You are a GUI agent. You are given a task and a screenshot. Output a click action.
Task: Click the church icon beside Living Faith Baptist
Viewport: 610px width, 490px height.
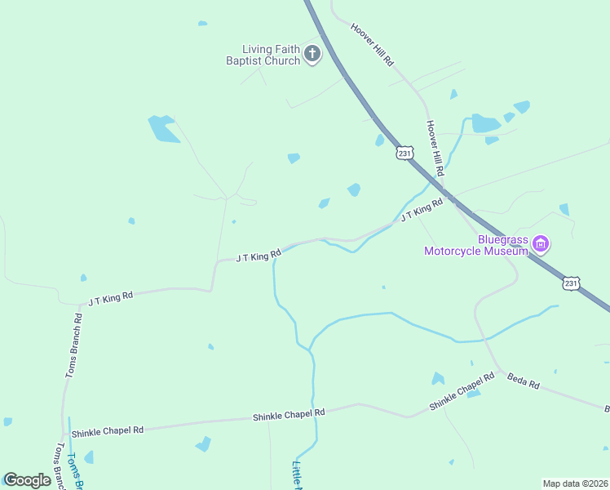pyautogui.click(x=312, y=55)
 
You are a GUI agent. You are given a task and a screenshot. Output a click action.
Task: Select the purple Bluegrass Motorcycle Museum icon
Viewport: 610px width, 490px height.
pyautogui.click(x=541, y=243)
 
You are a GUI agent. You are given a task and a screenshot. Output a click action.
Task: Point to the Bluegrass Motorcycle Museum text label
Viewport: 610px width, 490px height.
pyautogui.click(x=477, y=245)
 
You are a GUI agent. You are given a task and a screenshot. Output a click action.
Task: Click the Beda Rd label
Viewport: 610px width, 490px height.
pyautogui.click(x=524, y=381)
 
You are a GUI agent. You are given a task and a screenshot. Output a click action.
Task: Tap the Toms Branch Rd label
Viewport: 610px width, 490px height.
pyautogui.click(x=73, y=345)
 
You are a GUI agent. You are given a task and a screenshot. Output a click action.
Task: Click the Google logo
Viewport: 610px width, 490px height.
pyautogui.click(x=27, y=480)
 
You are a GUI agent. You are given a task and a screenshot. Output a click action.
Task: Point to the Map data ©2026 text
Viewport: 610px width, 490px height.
pyautogui.click(x=575, y=483)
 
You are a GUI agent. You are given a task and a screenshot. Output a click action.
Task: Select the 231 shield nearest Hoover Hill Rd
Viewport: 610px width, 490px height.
pyautogui.click(x=405, y=153)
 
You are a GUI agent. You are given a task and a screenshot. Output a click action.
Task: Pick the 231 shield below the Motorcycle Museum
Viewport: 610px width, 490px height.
pyautogui.click(x=571, y=283)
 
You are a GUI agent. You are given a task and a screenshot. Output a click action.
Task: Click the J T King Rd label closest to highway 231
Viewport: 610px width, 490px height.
pyautogui.click(x=422, y=209)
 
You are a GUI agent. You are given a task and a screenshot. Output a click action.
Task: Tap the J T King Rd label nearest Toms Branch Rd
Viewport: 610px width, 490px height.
pyautogui.click(x=111, y=299)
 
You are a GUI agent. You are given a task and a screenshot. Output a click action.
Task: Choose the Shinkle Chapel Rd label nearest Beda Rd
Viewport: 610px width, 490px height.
pyautogui.click(x=462, y=391)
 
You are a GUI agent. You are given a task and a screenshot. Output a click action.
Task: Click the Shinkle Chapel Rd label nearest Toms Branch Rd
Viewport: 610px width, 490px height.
pyautogui.click(x=107, y=431)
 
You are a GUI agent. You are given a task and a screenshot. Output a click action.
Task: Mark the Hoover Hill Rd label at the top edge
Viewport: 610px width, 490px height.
pyautogui.click(x=373, y=44)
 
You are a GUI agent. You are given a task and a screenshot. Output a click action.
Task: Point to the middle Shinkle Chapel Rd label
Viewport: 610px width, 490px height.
pyautogui.click(x=289, y=415)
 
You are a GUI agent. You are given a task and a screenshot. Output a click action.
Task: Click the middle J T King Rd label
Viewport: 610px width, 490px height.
pyautogui.click(x=259, y=256)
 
